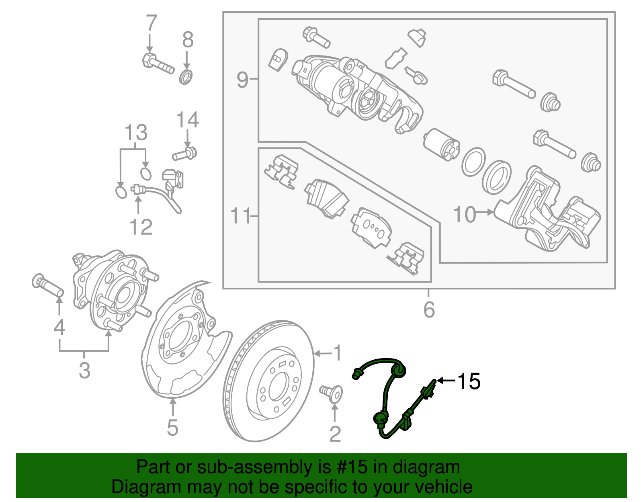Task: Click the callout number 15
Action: point(469,381)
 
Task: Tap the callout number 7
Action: point(151,23)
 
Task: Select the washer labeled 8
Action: point(186,77)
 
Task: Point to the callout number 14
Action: point(187,120)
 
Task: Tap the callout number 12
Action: point(141,227)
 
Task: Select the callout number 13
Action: point(136,133)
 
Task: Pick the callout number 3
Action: point(84,370)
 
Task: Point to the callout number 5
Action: point(172,427)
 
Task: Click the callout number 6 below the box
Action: point(429,309)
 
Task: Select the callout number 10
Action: point(464,215)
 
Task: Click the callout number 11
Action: point(240,216)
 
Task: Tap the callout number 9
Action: point(242,80)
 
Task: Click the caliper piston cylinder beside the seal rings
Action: point(440,145)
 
